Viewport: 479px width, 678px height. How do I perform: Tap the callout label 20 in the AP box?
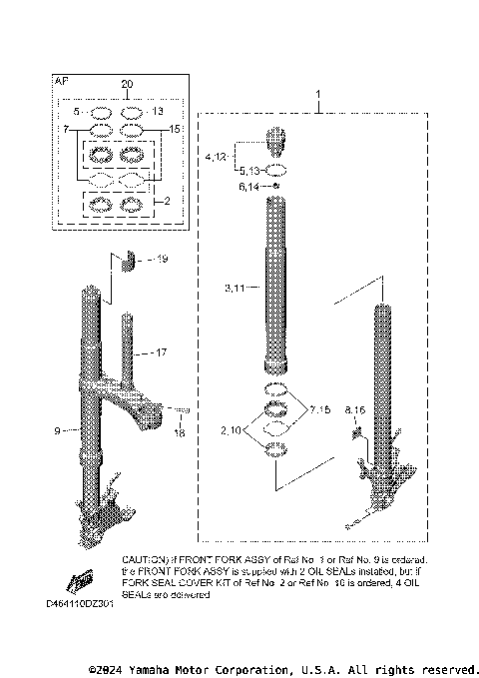pos(126,84)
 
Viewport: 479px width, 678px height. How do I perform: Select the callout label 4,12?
pos(217,158)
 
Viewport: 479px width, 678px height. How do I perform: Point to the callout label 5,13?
pos(248,170)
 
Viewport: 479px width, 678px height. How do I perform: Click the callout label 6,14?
pos(248,186)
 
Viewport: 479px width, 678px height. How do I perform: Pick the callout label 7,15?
pos(320,409)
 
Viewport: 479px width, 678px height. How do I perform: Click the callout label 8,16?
pos(354,410)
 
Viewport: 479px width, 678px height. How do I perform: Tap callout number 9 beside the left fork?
pos(58,430)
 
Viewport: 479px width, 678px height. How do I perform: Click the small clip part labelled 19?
pos(127,262)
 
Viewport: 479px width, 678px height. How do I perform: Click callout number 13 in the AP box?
pos(158,111)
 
